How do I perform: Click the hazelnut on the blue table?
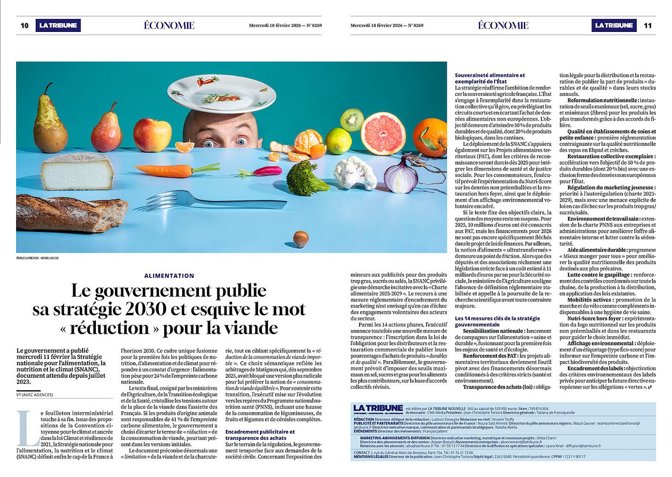pyautogui.click(x=300, y=238)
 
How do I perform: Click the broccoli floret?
pyautogui.click(x=306, y=178)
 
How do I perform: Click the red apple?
pyautogui.click(x=152, y=135)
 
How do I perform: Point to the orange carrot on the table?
pyautogui.click(x=172, y=169)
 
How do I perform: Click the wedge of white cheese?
pyautogui.click(x=77, y=170)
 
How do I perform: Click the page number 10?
pyautogui.click(x=24, y=26)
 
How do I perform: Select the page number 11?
pyautogui.click(x=647, y=26)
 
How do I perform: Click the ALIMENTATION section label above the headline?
pyautogui.click(x=169, y=276)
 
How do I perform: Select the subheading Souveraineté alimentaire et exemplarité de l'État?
pyautogui.click(x=490, y=78)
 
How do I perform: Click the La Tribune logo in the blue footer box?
pyautogui.click(x=378, y=408)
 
